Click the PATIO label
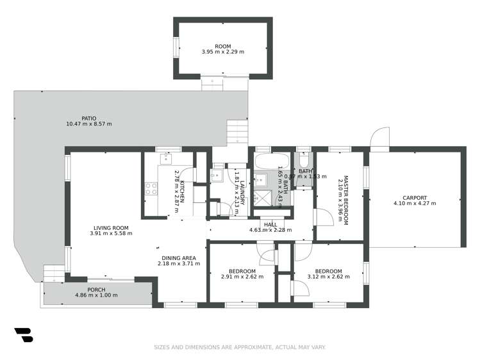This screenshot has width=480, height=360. point(89,118)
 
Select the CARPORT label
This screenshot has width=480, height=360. point(415,197)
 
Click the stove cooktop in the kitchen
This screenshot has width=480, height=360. point(152,188)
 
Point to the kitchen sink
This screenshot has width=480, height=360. point(166,158)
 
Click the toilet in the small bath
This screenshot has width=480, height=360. point(304,160)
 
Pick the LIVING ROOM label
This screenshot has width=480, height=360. point(112,227)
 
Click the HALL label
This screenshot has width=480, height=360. point(270,224)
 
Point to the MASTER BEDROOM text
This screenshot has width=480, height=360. point(345,199)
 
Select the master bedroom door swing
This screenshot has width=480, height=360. point(324,217)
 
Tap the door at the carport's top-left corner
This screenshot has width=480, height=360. point(379,138)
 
